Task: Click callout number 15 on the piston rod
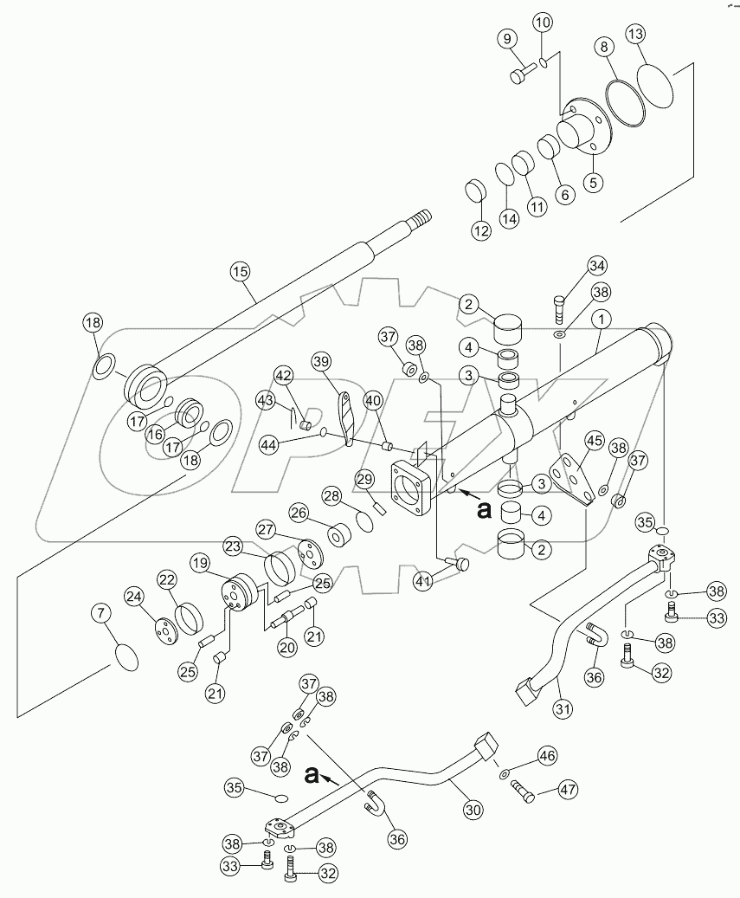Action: click(240, 271)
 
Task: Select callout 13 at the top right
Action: click(660, 35)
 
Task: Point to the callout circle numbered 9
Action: click(507, 39)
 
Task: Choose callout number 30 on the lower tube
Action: click(472, 811)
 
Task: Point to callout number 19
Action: click(200, 563)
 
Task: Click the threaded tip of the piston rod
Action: click(425, 216)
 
